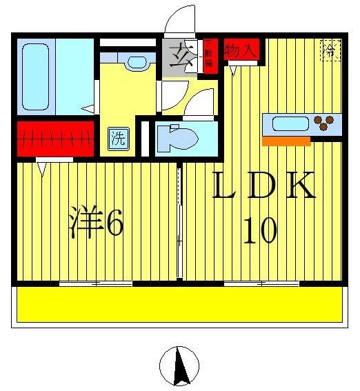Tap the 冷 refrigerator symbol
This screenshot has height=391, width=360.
click(330, 50)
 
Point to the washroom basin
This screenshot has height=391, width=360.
click(137, 63)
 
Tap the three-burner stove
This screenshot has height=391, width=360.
click(324, 124)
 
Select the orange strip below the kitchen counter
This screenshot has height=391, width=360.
click(286, 141)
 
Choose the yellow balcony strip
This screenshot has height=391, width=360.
click(179, 304)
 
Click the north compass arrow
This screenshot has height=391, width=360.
click(181, 366)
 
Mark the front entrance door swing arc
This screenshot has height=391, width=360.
click(181, 19)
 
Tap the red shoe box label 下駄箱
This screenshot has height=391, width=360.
click(209, 54)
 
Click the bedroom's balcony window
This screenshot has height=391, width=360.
click(95, 283)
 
